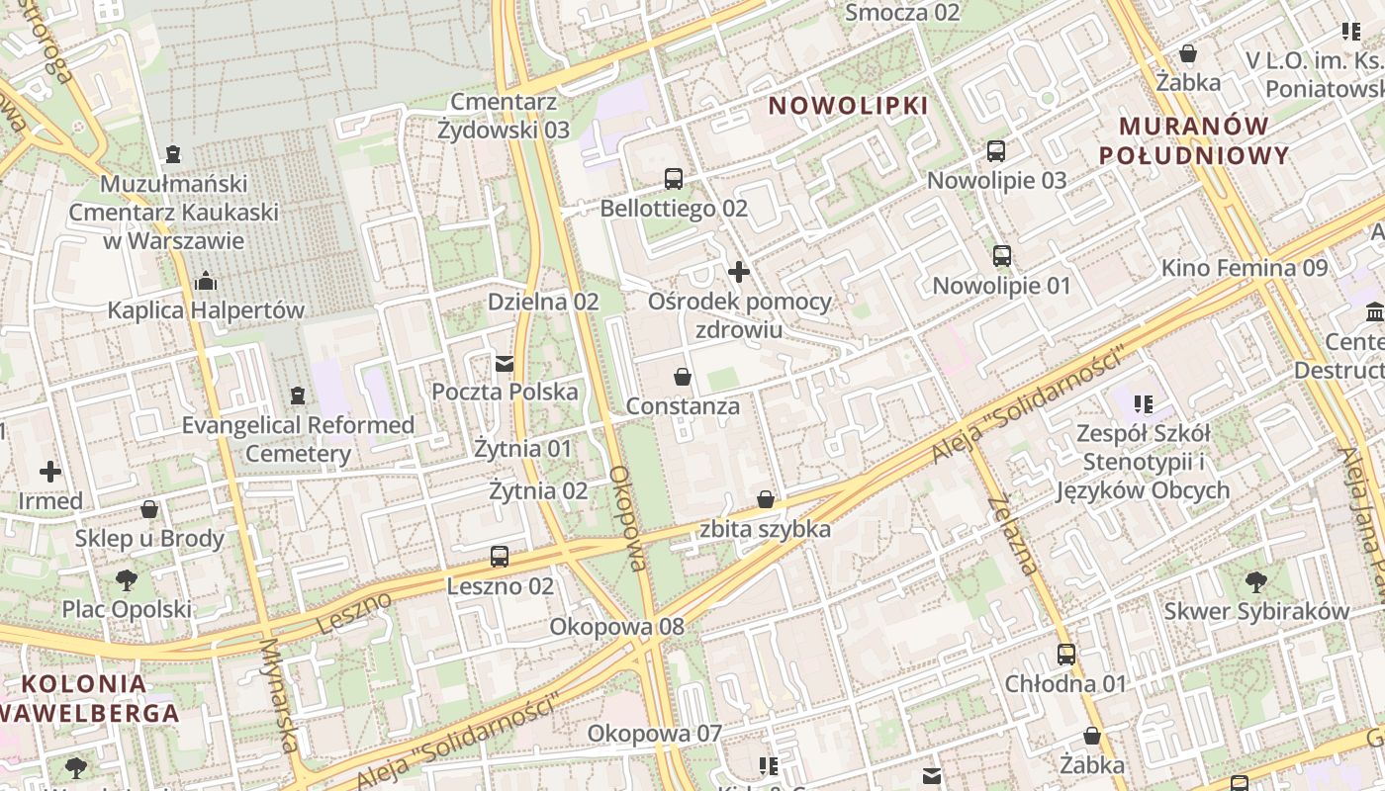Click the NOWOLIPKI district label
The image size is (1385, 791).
pyautogui.click(x=849, y=105)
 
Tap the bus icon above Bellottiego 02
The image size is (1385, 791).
pyautogui.click(x=674, y=179)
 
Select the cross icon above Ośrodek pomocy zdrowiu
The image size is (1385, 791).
pyautogui.click(x=739, y=271)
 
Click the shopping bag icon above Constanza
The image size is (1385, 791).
pyautogui.click(x=683, y=377)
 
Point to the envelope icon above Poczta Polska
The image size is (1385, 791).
pyautogui.click(x=506, y=363)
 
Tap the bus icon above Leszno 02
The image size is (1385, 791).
pyautogui.click(x=500, y=557)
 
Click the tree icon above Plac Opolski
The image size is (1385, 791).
pyautogui.click(x=126, y=579)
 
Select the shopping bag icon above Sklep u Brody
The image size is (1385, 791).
pyautogui.click(x=149, y=509)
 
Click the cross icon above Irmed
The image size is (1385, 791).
pyautogui.click(x=50, y=472)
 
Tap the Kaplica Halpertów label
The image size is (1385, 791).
pyautogui.click(x=206, y=309)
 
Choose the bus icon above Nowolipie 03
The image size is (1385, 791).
pyautogui.click(x=996, y=151)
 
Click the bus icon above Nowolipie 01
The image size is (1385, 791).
pyautogui.click(x=1002, y=256)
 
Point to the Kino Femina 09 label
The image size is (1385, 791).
pyautogui.click(x=1244, y=267)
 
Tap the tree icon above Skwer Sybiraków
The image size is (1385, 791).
pyautogui.click(x=1256, y=581)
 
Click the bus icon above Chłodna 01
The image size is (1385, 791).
pyautogui.click(x=1065, y=654)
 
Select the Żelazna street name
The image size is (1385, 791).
pyautogui.click(x=1012, y=534)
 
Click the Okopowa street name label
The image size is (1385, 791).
pyautogui.click(x=628, y=519)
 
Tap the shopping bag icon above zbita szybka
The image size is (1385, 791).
pyautogui.click(x=766, y=499)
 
